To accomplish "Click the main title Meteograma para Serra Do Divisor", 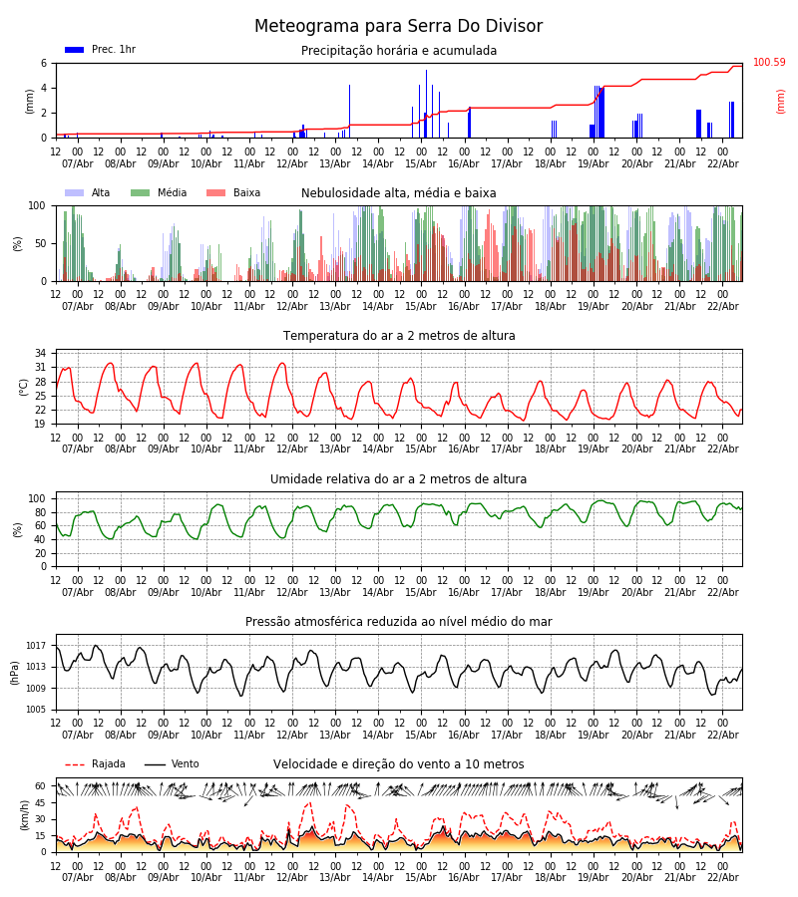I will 398,27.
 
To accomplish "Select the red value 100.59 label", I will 769,63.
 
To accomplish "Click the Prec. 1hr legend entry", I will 100,50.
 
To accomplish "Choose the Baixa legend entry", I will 233,193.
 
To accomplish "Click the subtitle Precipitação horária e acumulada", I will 399,51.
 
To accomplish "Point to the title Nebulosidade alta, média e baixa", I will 399,193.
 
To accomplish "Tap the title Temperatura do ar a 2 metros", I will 399,336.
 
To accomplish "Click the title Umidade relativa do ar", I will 399,479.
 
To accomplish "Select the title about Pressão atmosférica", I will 399,622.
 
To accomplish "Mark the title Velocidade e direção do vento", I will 399,764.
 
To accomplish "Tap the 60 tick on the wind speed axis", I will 41,785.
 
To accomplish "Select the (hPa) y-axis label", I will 16,672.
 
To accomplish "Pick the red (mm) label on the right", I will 781,101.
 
